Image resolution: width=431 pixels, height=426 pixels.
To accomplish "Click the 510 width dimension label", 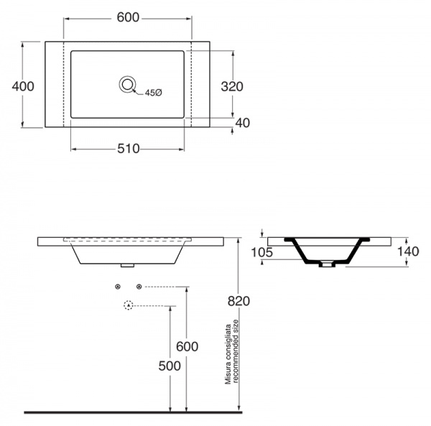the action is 129,149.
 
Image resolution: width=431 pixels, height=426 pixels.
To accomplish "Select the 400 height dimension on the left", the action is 23,86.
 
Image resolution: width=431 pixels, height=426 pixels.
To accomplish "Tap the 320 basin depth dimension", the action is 232,87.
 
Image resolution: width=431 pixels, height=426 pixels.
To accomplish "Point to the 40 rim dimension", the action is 243,123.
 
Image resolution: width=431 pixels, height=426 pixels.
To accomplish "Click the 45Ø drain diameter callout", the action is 154,93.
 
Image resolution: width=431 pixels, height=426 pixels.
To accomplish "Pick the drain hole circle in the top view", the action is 127,84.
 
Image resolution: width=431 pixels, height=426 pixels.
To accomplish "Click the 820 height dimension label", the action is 238,301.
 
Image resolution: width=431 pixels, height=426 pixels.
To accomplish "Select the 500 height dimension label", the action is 170,366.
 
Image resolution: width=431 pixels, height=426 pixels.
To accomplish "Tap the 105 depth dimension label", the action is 262,252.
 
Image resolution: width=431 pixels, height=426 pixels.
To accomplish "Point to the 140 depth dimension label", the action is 408,251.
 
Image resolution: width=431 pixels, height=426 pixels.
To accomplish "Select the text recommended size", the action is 236,351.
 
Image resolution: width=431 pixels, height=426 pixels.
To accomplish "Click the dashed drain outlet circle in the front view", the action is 129,305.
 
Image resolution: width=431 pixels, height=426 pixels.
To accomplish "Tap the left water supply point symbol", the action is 118,287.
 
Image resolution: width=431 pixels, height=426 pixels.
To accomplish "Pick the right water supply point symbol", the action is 139,287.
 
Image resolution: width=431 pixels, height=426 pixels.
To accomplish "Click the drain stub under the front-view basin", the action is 128,266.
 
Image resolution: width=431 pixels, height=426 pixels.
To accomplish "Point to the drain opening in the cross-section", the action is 327,264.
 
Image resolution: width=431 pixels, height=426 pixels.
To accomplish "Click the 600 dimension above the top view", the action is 128,17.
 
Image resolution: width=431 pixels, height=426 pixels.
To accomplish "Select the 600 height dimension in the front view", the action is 187,346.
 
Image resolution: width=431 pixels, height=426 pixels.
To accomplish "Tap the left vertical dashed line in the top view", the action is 64,84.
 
